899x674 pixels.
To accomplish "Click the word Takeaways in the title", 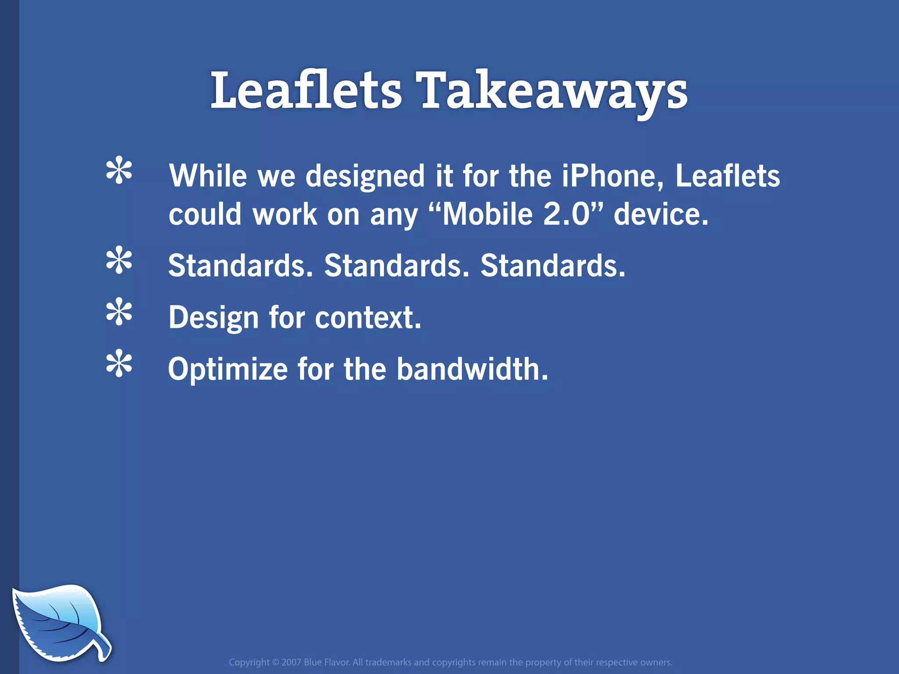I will point(554,91).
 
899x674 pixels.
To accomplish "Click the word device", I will point(661,215).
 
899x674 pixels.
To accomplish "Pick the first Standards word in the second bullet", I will point(241,266).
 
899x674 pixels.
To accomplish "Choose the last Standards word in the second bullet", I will point(553,266).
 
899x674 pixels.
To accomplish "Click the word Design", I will point(214,318).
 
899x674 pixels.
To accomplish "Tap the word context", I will point(368,318).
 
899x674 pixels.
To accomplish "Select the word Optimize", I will point(228,369).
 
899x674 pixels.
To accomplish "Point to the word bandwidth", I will point(472,369).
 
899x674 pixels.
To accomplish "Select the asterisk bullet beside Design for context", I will point(119,312).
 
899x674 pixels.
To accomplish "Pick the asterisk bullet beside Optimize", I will point(119,364).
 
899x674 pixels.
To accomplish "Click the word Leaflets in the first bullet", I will point(727,176).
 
